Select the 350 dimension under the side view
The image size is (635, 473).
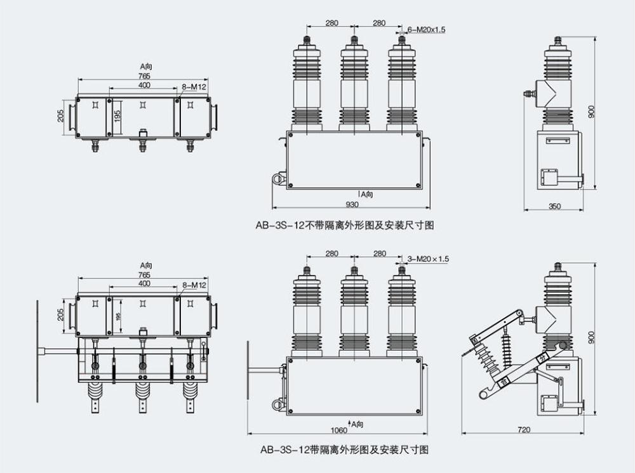(554, 205)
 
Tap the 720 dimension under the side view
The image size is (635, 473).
(523, 429)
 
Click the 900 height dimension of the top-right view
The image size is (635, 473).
(592, 112)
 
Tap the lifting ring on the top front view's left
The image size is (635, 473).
(279, 179)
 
